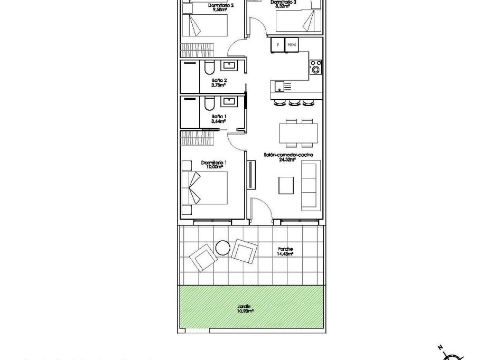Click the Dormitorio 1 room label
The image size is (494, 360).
tap(213, 162)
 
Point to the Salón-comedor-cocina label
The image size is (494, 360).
tap(288, 155)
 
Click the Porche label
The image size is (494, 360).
tap(285, 249)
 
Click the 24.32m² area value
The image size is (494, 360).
tap(288, 159)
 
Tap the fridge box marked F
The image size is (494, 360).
tap(277, 45)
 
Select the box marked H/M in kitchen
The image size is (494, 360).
tap(291, 45)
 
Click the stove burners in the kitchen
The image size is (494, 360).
tap(316, 67)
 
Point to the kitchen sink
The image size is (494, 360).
tap(279, 86)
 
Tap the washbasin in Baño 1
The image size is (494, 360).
tap(230, 101)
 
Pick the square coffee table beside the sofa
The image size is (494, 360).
tap(286, 185)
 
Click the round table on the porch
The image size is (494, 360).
tap(222, 247)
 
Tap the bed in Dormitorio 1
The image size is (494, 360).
tap(205, 188)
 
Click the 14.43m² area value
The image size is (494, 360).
tap(285, 254)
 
